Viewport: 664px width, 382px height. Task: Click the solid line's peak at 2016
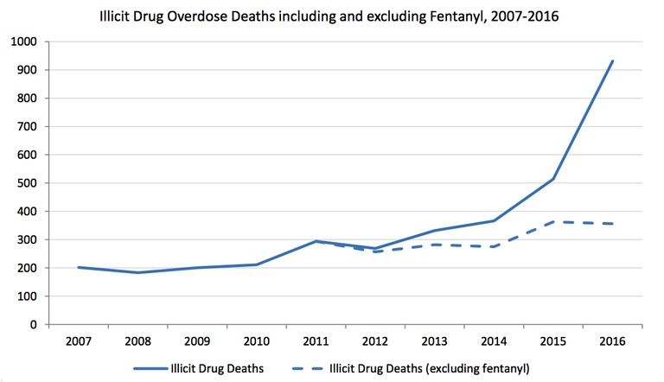tap(611, 61)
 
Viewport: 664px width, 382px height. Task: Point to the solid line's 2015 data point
tap(552, 179)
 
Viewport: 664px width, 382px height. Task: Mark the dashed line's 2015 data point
tap(552, 222)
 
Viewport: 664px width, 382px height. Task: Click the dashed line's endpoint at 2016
tap(611, 224)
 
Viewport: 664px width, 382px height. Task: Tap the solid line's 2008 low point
tap(138, 273)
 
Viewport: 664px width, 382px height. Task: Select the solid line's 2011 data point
tap(316, 241)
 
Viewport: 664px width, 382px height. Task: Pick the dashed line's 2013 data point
tap(434, 245)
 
